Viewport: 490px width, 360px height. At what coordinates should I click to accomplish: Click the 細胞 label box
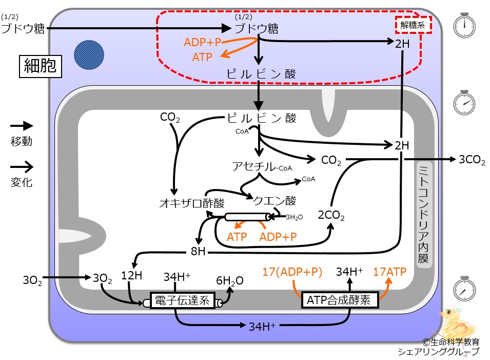point(41,66)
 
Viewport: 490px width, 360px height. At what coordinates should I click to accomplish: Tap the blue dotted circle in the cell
point(89,55)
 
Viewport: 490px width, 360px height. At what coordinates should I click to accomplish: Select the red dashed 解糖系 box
point(413,25)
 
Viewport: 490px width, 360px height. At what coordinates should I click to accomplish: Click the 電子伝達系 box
point(183,300)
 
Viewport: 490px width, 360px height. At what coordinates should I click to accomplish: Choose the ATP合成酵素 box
point(340,299)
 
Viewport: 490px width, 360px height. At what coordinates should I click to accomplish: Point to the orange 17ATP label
point(389,272)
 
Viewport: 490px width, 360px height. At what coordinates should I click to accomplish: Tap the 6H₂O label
point(230,281)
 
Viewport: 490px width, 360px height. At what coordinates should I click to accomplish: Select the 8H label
point(198,251)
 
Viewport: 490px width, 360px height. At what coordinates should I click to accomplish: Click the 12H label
point(131,276)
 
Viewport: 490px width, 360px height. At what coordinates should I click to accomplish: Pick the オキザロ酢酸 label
point(191,203)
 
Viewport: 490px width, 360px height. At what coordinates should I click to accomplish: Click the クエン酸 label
point(274,200)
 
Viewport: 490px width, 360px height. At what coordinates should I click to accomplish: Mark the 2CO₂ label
point(331,216)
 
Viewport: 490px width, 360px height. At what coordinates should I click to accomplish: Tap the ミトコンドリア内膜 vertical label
point(424,215)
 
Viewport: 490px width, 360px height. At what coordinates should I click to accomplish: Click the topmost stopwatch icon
point(464,25)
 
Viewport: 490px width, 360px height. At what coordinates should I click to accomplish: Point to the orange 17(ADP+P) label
point(292,272)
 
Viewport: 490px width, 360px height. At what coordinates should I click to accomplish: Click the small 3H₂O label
point(295,217)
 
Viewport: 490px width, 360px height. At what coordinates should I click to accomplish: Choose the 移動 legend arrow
point(22,126)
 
